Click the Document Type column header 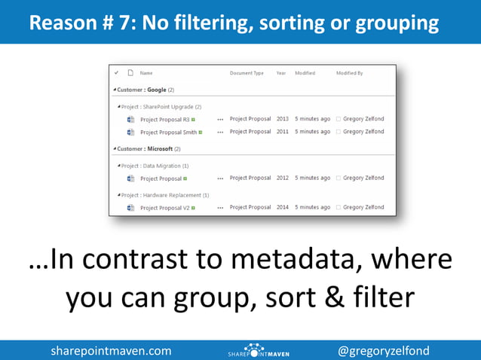247,73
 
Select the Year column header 280,73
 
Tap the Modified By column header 350,73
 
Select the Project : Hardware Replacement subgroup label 164,195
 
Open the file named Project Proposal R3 165,119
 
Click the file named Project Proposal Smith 168,132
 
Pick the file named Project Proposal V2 165,208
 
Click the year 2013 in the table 283,119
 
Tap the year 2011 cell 283,132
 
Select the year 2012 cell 283,178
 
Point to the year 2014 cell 283,207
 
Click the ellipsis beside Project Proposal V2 220,208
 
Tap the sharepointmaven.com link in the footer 111,350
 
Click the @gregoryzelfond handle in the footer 384,350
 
